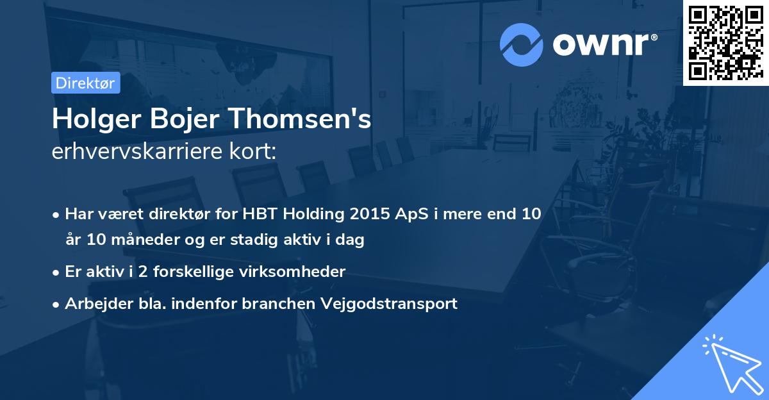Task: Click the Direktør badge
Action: pos(85,82)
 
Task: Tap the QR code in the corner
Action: pos(725,42)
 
